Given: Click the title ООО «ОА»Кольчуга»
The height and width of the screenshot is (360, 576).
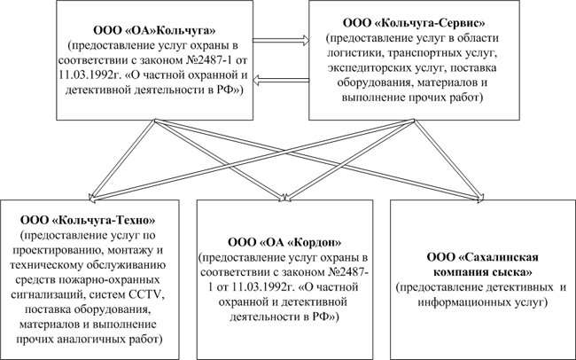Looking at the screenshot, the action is coord(155,30).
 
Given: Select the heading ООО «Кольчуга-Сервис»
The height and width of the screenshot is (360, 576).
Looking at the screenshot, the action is coord(414,23).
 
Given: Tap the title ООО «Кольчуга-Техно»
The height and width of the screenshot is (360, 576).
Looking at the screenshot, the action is coord(88,220).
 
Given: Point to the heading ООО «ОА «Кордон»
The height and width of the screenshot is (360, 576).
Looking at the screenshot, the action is coord(284,242).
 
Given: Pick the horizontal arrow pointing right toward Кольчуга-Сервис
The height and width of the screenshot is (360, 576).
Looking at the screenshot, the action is coord(281,41).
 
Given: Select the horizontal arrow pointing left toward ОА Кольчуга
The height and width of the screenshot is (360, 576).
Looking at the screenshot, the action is coord(281,80).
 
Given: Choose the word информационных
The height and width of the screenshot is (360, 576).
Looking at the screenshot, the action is coord(463,302).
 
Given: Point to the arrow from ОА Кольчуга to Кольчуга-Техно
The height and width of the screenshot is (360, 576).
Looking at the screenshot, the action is coord(122,160).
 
